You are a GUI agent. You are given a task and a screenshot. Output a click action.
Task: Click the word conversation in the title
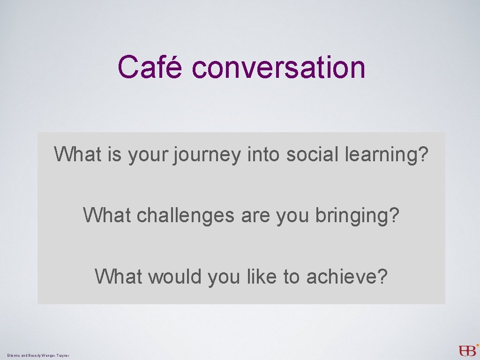tap(278, 67)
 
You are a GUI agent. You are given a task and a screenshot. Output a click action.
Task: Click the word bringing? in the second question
tap(357, 216)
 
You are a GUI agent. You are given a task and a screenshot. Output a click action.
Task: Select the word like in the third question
tap(262, 277)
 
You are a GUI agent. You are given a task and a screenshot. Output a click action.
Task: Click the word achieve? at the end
tap(347, 277)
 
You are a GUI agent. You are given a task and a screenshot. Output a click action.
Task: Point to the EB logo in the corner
tap(468, 350)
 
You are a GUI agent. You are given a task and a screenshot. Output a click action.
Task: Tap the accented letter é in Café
tap(173, 67)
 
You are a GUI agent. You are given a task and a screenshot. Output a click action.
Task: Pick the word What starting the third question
tap(119, 277)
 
